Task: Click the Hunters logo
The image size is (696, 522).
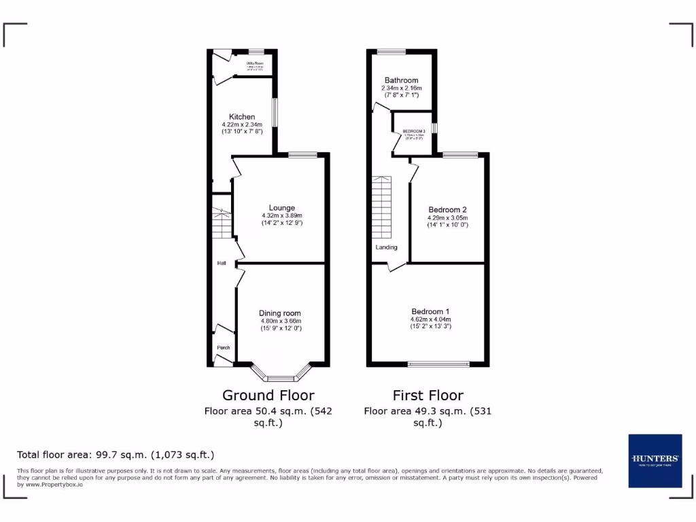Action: click(655, 460)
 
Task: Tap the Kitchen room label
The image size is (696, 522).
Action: click(242, 117)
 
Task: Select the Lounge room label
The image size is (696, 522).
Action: click(281, 208)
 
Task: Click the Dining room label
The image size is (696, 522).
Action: click(280, 313)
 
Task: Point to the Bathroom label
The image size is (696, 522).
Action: click(401, 80)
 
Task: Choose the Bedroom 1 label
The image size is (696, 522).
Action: click(430, 311)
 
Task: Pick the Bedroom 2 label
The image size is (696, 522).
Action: click(447, 209)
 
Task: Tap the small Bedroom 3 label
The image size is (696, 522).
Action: click(414, 131)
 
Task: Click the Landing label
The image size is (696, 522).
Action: click(386, 247)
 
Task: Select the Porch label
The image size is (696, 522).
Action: click(223, 347)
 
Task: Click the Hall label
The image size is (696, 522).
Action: click(221, 263)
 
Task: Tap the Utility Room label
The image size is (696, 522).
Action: click(255, 63)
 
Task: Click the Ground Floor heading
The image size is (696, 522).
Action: click(268, 395)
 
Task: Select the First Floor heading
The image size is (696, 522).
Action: click(428, 395)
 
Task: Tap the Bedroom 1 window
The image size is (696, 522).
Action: click(438, 364)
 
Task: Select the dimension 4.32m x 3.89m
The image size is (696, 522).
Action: click(281, 215)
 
